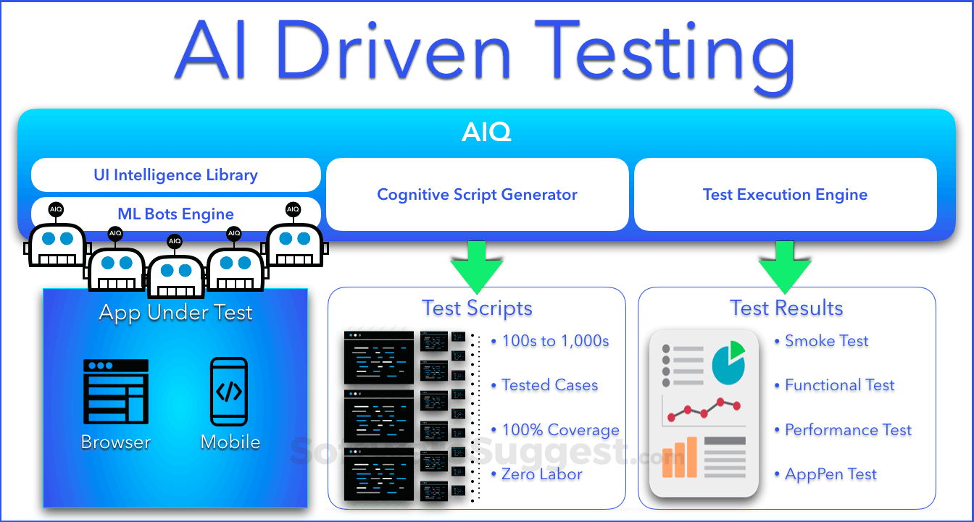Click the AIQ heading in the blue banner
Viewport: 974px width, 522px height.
click(x=486, y=132)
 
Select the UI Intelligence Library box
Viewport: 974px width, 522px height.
click(x=175, y=175)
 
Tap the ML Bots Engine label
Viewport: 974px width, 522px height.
click(x=175, y=214)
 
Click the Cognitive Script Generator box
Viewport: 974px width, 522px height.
click(x=477, y=195)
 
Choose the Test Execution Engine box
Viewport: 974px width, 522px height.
click(x=785, y=195)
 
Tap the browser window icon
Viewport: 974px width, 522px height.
click(x=116, y=391)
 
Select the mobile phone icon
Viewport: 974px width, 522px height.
click(x=229, y=391)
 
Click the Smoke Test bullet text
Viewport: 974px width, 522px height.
click(x=826, y=341)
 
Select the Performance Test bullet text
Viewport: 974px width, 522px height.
click(x=848, y=430)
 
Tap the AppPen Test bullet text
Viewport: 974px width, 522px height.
click(x=831, y=475)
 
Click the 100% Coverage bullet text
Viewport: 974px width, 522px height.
click(x=560, y=430)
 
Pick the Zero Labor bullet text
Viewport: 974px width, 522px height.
click(x=541, y=475)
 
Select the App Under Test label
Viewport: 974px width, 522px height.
click(x=175, y=313)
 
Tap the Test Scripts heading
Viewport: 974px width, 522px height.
click(x=477, y=308)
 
